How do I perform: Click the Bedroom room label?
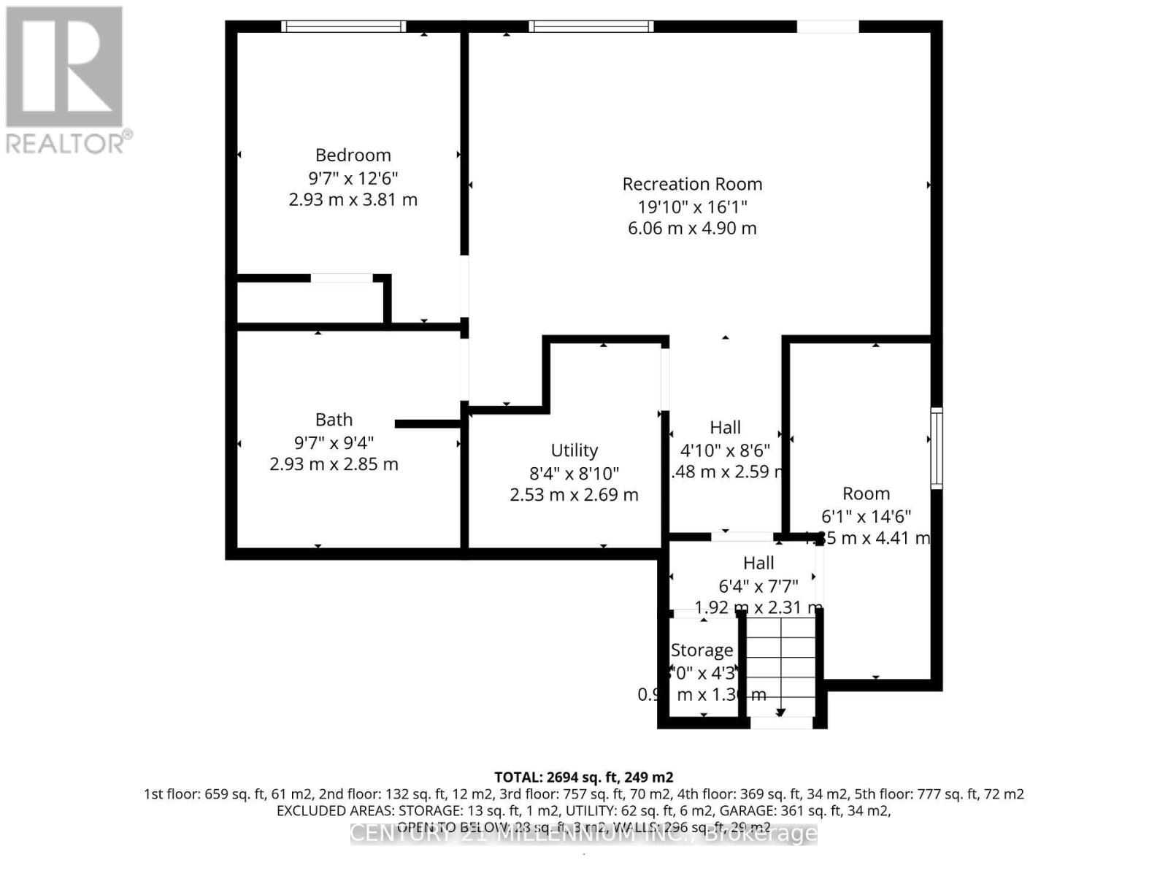pos(353,155)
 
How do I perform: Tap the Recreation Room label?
pos(692,184)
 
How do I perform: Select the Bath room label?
pos(334,420)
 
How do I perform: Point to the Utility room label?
pos(574,450)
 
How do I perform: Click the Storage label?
pos(702,650)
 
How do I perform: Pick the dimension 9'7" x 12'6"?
pos(353,177)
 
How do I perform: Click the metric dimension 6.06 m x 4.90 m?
pos(692,228)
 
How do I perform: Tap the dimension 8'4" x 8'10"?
pos(574,473)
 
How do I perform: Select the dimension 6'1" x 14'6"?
pos(866,517)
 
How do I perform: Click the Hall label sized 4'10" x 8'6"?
pos(725,428)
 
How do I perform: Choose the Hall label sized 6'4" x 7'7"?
pos(758,563)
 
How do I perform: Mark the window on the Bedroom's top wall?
pos(343,27)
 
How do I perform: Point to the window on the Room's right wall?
pos(937,448)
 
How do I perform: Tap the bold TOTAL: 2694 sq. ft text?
pos(583,777)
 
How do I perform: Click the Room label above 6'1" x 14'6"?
pos(866,494)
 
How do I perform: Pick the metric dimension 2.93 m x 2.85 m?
pos(334,464)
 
